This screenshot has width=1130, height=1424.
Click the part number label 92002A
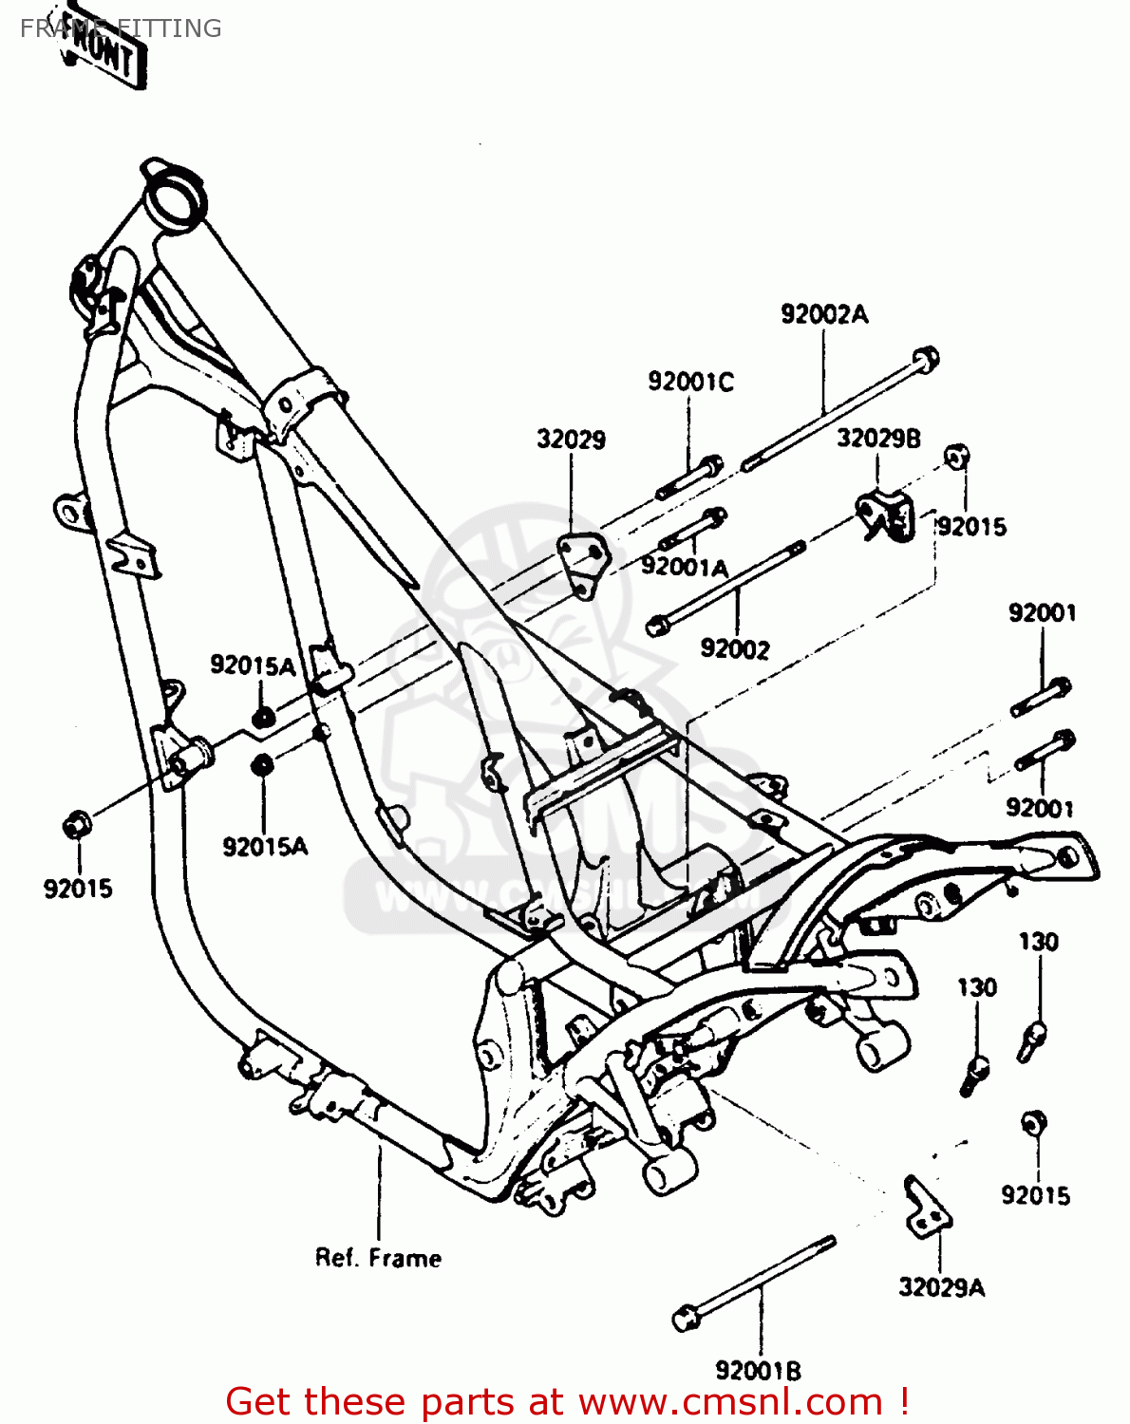click(x=824, y=314)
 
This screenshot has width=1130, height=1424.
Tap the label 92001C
click(x=690, y=382)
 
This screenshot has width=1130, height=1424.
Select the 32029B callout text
click(x=878, y=439)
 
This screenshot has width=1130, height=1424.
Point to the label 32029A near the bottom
click(x=942, y=1287)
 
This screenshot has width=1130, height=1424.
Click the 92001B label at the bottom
click(x=758, y=1371)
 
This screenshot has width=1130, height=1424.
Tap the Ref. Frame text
click(x=378, y=1258)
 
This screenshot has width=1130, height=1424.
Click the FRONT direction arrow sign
click(x=104, y=55)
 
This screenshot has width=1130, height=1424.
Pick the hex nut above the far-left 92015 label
click(x=76, y=825)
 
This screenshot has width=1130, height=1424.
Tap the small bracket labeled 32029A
click(x=925, y=1209)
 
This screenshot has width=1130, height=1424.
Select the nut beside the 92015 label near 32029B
click(x=955, y=457)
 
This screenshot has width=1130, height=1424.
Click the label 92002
click(x=734, y=648)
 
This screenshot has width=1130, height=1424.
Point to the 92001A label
click(x=684, y=567)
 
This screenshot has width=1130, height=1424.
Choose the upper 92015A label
click(x=253, y=665)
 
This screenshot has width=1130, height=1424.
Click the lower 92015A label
click(x=265, y=846)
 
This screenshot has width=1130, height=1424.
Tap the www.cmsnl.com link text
click(x=730, y=1401)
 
